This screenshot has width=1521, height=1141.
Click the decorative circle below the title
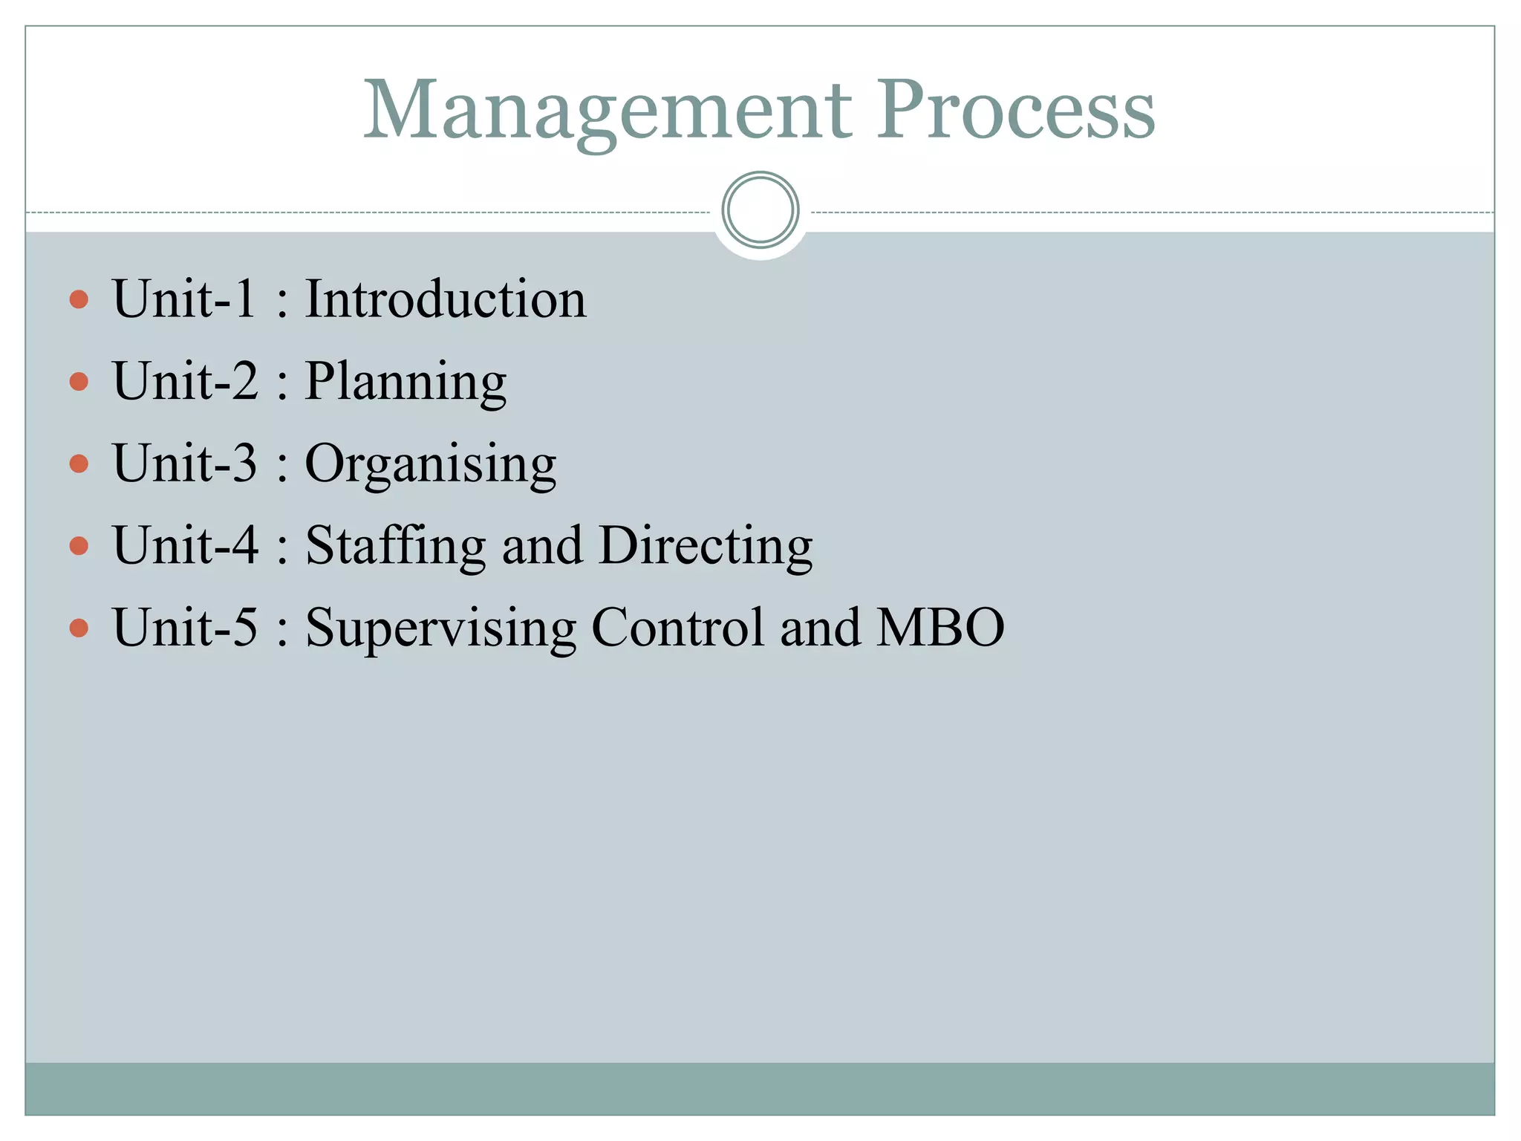760,210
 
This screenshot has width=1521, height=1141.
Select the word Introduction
446,299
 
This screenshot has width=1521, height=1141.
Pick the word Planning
406,382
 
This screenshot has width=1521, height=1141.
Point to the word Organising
430,464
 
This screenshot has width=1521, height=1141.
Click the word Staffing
395,546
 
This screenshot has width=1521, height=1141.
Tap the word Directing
706,546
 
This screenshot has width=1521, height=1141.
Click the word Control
677,628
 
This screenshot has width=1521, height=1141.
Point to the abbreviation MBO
940,628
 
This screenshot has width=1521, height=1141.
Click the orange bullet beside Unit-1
79,299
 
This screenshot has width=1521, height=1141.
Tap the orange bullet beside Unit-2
79,382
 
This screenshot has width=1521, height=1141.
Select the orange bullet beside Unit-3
79,464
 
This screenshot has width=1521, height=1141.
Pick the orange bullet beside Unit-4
79,547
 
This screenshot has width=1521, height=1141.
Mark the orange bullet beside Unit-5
79,628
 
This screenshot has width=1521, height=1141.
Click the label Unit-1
184,299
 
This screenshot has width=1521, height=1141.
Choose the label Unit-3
184,464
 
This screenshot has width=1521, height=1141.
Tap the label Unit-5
184,628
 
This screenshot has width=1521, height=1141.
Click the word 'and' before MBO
820,628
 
